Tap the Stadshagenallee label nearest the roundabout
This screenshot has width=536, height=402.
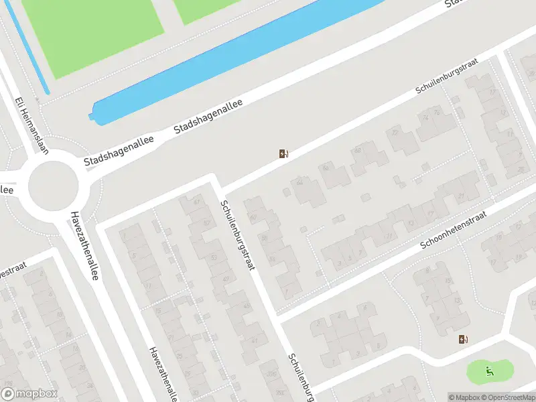coord(119,151)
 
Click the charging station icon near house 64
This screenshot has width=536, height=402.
coord(284,154)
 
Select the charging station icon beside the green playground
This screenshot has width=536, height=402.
coord(463,339)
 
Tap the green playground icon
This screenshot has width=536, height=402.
coord(490,368)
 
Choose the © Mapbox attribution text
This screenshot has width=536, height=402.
coord(463,397)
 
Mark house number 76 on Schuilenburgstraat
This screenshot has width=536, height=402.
coord(437,113)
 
